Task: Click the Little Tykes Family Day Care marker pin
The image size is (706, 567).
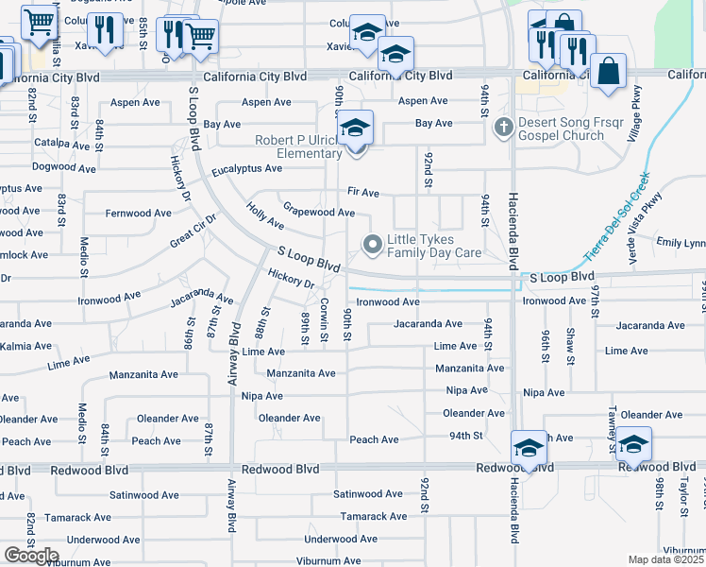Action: click(373, 246)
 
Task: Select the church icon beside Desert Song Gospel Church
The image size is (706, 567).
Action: click(504, 127)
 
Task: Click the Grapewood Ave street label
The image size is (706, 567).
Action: click(319, 212)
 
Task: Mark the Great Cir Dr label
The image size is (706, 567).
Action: click(193, 231)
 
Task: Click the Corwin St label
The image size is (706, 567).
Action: click(324, 318)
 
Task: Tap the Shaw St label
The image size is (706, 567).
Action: click(570, 346)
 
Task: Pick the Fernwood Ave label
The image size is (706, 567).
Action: click(141, 214)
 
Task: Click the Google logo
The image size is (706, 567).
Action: click(31, 556)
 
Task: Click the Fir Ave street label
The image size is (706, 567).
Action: click(363, 193)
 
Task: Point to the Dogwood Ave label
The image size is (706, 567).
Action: click(63, 169)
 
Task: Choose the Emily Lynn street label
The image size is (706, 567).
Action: click(681, 243)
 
